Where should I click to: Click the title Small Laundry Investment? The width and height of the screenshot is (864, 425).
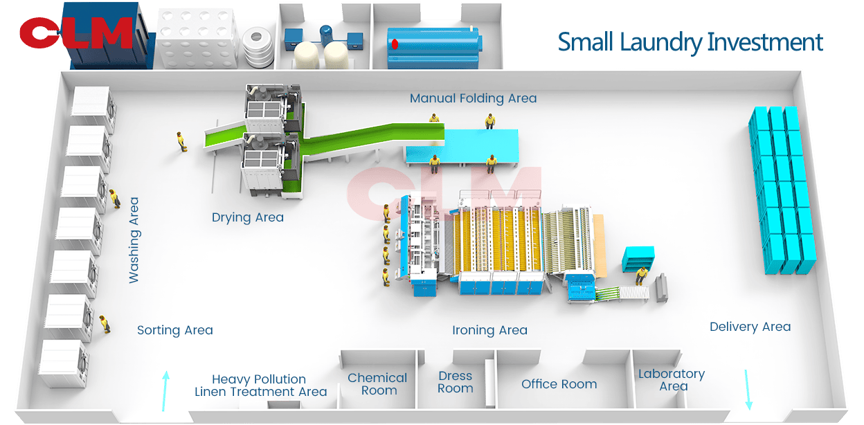[690, 42]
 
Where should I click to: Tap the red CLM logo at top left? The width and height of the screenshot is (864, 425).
[75, 33]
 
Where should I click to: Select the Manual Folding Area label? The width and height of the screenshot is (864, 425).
[473, 98]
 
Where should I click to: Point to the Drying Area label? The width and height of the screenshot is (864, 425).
[247, 217]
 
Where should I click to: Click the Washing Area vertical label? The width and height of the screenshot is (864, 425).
[134, 240]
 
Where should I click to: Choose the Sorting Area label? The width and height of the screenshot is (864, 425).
[174, 330]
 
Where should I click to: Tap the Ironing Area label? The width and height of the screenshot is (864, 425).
[489, 330]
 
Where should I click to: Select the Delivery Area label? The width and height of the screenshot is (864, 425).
[750, 327]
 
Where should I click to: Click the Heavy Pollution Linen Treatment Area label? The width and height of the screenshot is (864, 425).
[260, 386]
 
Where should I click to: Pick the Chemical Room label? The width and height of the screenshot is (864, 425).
[377, 384]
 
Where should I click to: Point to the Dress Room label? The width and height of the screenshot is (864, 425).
[455, 382]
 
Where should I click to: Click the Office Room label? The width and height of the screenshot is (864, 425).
[559, 384]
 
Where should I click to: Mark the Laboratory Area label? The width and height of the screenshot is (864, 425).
[672, 380]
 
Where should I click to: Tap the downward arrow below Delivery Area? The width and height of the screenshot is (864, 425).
[747, 389]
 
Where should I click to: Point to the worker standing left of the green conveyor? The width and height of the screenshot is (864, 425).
[182, 142]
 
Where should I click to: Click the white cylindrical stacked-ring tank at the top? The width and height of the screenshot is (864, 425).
[259, 46]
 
